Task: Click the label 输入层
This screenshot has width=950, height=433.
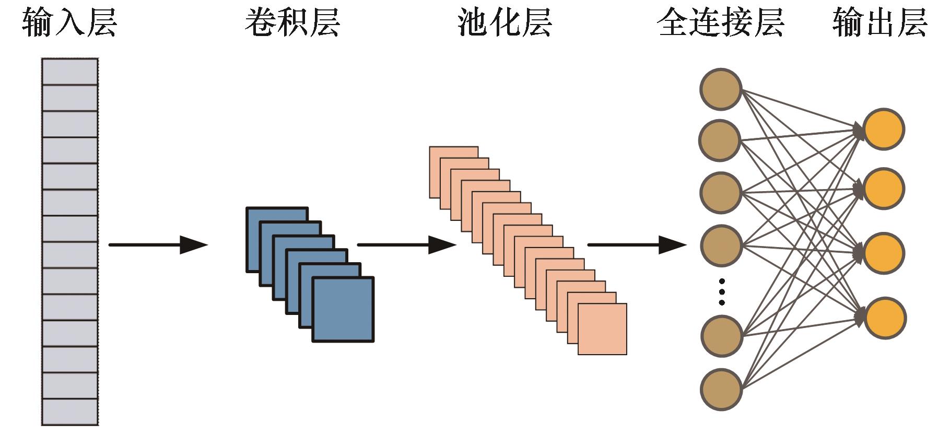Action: tap(69, 22)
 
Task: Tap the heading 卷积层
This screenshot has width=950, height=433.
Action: tap(292, 22)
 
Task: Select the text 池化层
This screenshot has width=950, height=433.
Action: tap(505, 22)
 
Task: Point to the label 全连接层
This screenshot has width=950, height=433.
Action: tap(720, 22)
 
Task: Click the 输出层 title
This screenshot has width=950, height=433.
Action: tap(879, 22)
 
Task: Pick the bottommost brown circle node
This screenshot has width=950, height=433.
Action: tap(721, 389)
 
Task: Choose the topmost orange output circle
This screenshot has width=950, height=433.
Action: tap(884, 129)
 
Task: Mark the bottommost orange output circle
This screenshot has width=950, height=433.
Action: tap(885, 318)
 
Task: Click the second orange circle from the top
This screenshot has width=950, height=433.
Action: tap(884, 189)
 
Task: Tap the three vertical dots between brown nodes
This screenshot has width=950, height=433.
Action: tap(722, 292)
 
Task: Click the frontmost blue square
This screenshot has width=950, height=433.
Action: tap(343, 309)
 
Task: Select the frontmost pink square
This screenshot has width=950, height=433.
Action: tap(602, 329)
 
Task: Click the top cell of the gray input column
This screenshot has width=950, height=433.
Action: tap(70, 72)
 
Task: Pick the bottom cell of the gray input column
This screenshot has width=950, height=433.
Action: tap(70, 412)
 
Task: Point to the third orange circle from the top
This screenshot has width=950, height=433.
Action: tap(884, 253)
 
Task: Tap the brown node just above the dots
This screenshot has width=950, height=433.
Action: tap(721, 245)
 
